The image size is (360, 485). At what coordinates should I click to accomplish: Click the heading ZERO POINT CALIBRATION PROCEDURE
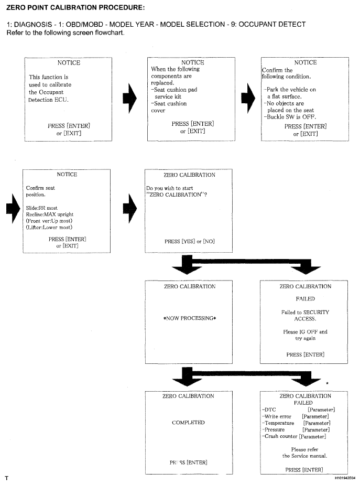[x=75, y=7]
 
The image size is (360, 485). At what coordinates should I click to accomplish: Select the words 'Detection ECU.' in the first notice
[x=48, y=100]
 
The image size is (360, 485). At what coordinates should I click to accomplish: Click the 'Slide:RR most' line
[x=42, y=208]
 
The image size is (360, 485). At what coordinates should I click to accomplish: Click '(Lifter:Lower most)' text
[x=49, y=228]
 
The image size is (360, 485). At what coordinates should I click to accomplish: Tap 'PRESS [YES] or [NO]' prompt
[x=189, y=242]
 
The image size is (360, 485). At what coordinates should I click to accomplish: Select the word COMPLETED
[x=188, y=423]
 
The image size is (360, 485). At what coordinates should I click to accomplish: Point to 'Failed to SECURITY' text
[x=305, y=312]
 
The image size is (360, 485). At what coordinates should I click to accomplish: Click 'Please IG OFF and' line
[x=305, y=332]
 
